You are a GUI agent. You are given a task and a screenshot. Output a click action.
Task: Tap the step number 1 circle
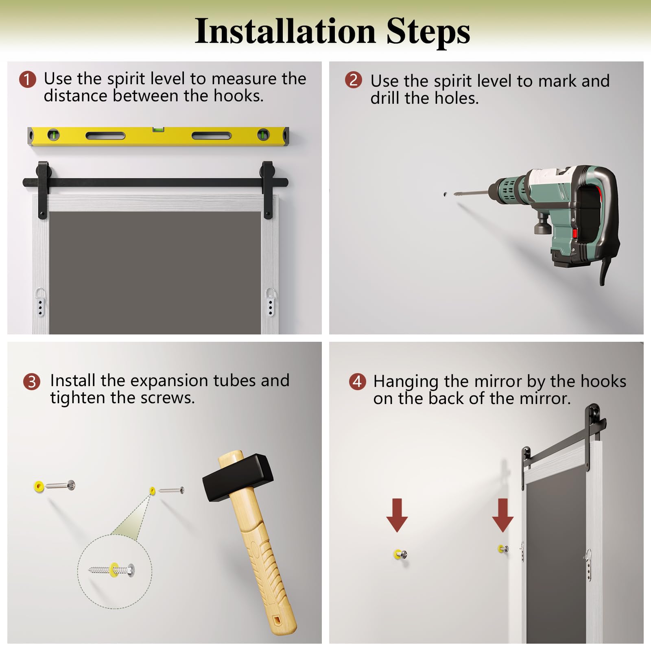tap(28, 79)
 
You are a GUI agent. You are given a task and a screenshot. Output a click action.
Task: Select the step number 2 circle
tap(354, 80)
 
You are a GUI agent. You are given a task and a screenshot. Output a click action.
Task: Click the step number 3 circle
tap(32, 382)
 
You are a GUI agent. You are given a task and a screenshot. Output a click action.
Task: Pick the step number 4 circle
tap(358, 381)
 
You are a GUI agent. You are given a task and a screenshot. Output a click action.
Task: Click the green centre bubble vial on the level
tap(158, 130)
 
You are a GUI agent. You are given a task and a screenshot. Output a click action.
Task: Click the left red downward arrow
tap(397, 515)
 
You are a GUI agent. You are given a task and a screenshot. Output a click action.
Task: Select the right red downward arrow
tap(502, 515)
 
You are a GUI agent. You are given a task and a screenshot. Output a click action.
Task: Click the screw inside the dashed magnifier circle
tap(111, 570)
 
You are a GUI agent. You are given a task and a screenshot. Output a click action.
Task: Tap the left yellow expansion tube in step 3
tap(39, 486)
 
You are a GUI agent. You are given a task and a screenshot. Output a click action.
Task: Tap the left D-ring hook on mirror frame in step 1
tap(40, 301)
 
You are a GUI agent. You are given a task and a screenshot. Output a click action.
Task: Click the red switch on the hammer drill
tap(575, 233)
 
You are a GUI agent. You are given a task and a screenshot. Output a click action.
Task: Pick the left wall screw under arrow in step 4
tap(400, 554)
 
